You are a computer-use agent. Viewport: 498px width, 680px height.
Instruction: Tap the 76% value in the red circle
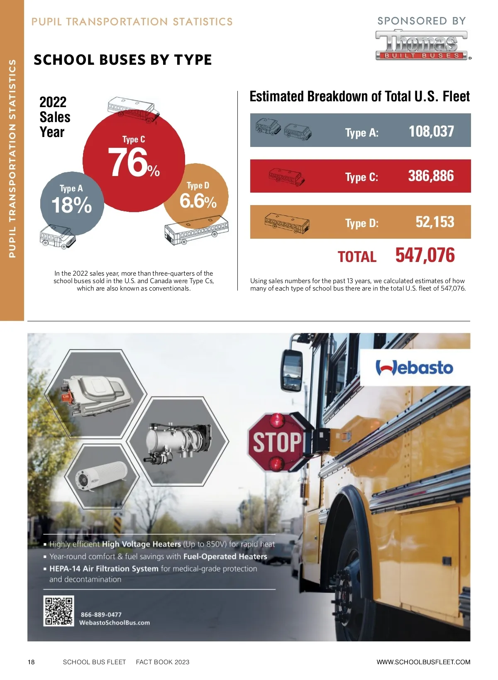pyautogui.click(x=133, y=162)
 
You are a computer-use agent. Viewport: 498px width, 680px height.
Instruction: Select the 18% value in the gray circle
pyautogui.click(x=71, y=205)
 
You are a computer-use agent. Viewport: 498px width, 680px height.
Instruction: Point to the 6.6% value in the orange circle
pyautogui.click(x=198, y=201)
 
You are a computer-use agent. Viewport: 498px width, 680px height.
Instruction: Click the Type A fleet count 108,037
pyautogui.click(x=431, y=132)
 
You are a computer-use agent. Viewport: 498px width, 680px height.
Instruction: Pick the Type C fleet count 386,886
pyautogui.click(x=431, y=176)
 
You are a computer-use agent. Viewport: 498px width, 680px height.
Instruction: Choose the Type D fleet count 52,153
pyautogui.click(x=435, y=222)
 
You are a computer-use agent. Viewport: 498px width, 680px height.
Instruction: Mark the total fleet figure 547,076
pyautogui.click(x=425, y=255)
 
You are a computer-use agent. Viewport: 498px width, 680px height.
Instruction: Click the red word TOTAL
pyautogui.click(x=357, y=257)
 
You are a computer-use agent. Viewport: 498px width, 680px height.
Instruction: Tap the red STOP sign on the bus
pyautogui.click(x=277, y=442)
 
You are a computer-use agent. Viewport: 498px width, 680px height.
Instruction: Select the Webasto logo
pyautogui.click(x=414, y=368)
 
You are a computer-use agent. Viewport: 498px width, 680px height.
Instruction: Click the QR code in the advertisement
pyautogui.click(x=59, y=611)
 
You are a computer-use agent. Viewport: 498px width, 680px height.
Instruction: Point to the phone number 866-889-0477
pyautogui.click(x=101, y=614)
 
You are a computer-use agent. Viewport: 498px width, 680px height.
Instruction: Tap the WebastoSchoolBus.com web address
pyautogui.click(x=115, y=623)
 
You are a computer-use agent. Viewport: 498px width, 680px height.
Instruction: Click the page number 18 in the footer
pyautogui.click(x=31, y=662)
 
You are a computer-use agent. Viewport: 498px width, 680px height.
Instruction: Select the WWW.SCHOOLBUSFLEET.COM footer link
pyautogui.click(x=423, y=662)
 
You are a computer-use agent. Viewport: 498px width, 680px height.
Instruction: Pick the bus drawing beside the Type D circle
pyautogui.click(x=196, y=230)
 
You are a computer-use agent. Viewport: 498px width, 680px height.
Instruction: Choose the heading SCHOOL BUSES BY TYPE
pyautogui.click(x=123, y=60)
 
